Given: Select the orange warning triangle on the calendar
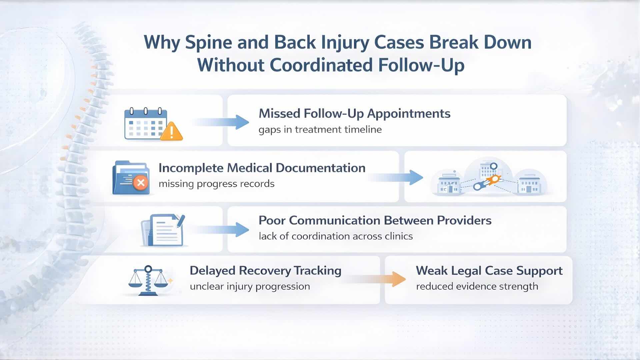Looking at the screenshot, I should point(171,131).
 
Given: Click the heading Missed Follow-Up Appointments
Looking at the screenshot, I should point(354,114).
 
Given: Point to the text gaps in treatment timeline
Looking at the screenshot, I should point(320,129).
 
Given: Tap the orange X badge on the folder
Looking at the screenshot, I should point(141,183).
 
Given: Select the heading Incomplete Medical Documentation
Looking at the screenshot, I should point(262,168).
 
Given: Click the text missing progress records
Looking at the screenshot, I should point(216,184).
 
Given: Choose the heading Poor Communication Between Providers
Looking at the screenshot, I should point(375,220).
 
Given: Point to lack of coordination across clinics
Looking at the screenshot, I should point(336,236).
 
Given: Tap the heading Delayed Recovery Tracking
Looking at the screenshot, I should point(265,271).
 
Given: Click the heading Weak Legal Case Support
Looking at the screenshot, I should point(489,271).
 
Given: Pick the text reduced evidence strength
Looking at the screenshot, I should point(477,286).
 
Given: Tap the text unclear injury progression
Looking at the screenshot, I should point(250,286).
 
